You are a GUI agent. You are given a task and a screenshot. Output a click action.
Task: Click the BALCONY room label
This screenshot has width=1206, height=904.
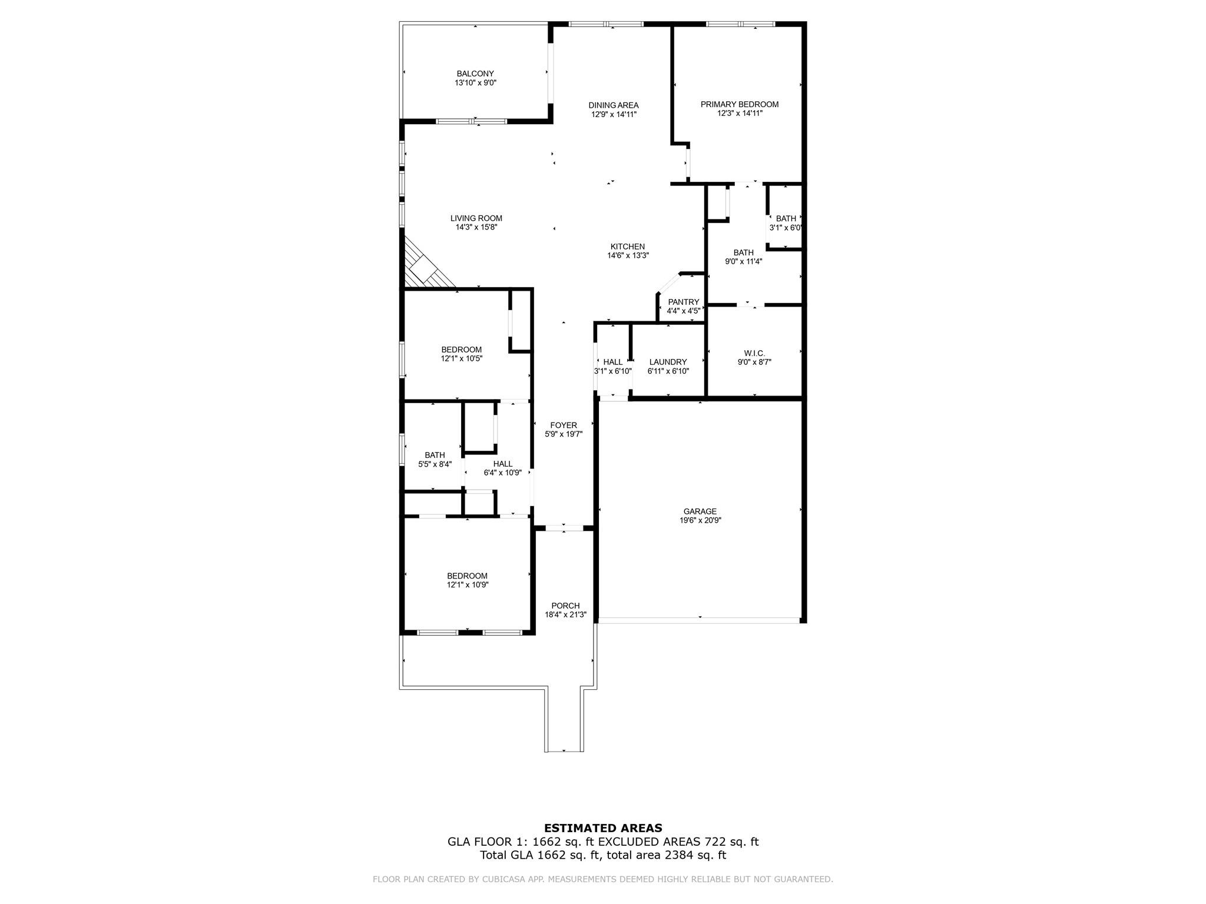(x=475, y=74)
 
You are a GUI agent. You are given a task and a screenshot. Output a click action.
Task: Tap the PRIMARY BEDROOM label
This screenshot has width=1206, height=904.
(x=740, y=104)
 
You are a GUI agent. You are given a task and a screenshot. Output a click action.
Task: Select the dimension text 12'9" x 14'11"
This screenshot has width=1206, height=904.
(x=614, y=114)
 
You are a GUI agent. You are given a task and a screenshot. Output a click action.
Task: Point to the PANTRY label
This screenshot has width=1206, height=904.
(x=683, y=302)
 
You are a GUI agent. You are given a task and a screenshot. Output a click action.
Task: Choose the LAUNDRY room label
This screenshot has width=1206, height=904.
(x=668, y=362)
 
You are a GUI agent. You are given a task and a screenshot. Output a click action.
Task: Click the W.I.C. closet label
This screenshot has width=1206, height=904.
(x=754, y=353)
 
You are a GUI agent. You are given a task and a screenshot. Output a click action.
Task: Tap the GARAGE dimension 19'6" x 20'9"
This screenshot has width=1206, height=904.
(x=700, y=520)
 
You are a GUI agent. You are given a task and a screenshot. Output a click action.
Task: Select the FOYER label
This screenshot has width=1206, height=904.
(x=564, y=425)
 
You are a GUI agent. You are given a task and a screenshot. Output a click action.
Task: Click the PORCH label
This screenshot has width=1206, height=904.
(x=565, y=606)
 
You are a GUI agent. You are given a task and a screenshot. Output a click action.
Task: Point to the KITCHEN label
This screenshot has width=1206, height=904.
(x=627, y=247)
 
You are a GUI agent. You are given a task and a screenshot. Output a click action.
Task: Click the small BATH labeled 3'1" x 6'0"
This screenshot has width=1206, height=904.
(x=786, y=219)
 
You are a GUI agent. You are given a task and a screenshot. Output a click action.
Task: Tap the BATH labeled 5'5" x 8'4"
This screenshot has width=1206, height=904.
(x=435, y=455)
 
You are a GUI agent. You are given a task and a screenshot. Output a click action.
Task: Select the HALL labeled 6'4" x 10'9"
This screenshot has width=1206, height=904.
(x=503, y=464)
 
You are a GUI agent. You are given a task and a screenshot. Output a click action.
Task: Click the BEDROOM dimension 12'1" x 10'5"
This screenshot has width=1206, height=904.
(x=462, y=358)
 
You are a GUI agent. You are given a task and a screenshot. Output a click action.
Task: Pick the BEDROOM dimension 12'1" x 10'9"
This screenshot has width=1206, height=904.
(x=468, y=584)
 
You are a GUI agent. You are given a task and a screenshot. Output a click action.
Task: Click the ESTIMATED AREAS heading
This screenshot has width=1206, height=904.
(x=603, y=828)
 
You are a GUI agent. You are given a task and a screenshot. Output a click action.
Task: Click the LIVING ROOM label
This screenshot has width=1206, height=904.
(x=476, y=218)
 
